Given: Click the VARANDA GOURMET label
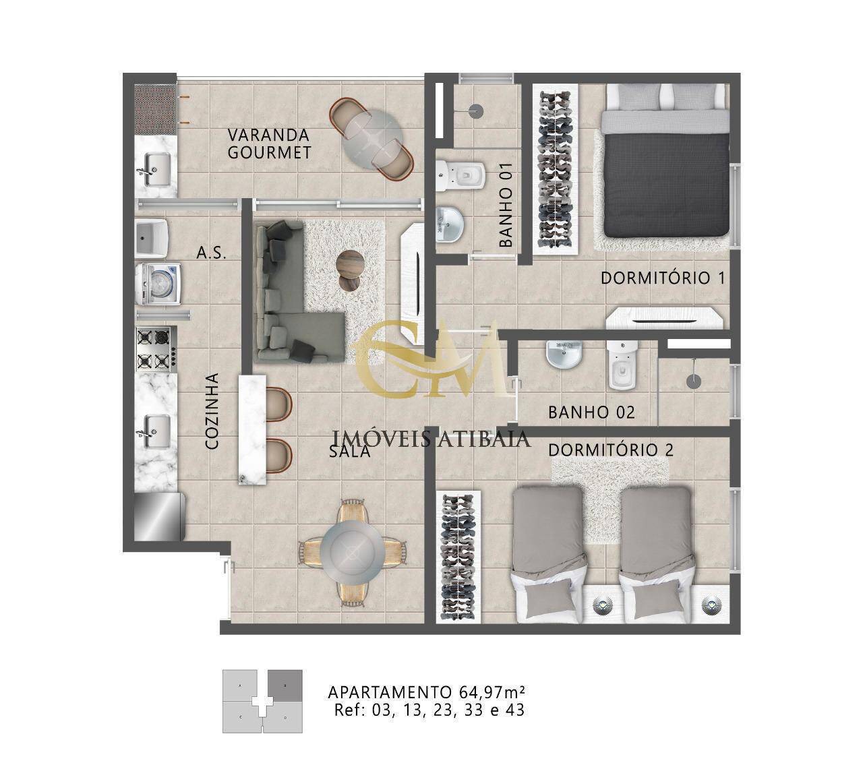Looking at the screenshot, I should click(269, 143).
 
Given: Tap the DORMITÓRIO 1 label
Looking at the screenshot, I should click(663, 277).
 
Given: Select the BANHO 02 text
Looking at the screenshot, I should click(591, 412).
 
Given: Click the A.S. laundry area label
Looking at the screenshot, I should click(210, 253).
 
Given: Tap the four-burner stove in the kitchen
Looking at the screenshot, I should click(156, 349).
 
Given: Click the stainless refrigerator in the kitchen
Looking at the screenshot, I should click(158, 515).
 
